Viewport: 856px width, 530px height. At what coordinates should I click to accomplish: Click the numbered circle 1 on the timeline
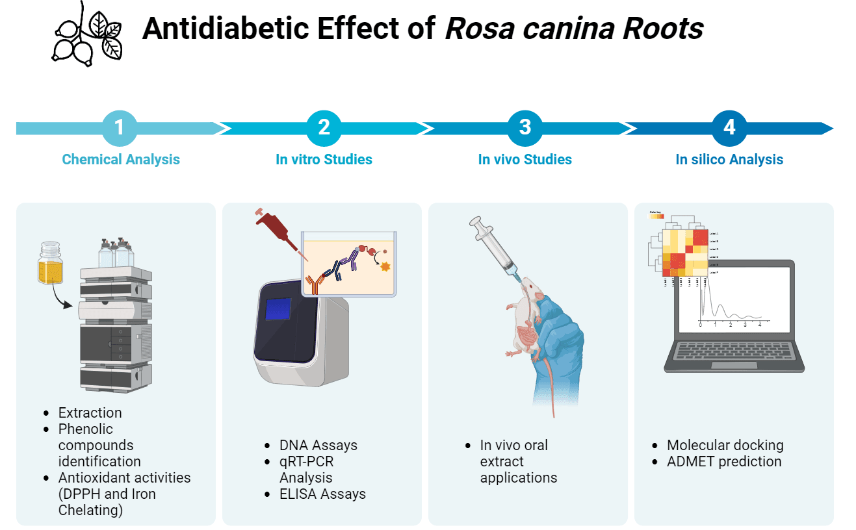(x=120, y=127)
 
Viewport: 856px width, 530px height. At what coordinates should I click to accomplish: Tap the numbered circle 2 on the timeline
(x=324, y=127)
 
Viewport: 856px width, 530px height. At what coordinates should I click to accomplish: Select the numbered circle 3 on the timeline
(x=525, y=127)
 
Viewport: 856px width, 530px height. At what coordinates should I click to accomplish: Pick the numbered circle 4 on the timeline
(x=729, y=127)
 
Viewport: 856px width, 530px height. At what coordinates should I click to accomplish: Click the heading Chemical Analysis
(x=121, y=159)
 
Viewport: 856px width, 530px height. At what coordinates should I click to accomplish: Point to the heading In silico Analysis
(x=729, y=159)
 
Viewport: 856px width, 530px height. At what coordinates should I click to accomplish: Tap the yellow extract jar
(x=51, y=265)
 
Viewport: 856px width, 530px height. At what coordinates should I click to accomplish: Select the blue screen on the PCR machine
(x=278, y=307)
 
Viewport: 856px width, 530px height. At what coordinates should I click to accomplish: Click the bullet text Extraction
(x=90, y=412)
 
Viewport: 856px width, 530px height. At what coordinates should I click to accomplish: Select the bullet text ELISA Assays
(x=322, y=494)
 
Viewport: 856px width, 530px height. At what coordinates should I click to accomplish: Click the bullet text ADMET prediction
(x=724, y=461)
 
